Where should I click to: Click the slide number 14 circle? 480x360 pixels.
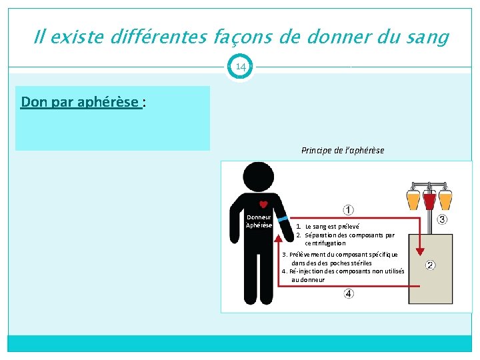[240, 67]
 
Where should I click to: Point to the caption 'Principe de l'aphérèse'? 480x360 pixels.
[343, 150]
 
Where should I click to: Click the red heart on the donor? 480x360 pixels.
[263, 205]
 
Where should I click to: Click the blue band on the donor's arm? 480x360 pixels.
[282, 219]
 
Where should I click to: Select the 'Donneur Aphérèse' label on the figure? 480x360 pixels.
[259, 221]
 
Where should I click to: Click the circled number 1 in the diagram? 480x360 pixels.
[349, 210]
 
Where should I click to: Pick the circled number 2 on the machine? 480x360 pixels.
[431, 265]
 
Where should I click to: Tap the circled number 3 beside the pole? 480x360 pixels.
[442, 219]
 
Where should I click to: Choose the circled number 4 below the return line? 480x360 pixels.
[349, 294]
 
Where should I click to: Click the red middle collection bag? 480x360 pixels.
[430, 198]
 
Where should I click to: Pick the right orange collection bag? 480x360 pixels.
[446, 198]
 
